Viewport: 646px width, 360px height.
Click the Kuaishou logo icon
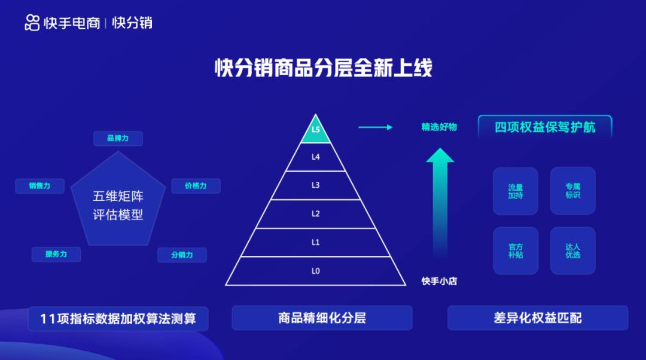[x=32, y=23]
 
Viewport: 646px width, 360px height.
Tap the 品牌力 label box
[x=118, y=138]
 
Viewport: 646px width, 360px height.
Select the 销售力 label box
[x=39, y=186]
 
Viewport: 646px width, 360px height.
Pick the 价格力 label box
[x=196, y=186]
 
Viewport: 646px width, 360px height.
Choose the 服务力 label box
[x=56, y=254]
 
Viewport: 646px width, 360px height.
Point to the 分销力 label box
[x=182, y=255]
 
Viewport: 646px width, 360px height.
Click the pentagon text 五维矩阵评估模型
[x=118, y=205]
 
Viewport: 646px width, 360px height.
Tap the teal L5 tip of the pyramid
[x=316, y=131]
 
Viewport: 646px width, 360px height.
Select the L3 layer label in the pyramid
[x=316, y=185]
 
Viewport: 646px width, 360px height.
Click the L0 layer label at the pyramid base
[x=316, y=271]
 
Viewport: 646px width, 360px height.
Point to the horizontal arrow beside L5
[x=375, y=127]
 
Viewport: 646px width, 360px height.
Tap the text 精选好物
[x=439, y=127]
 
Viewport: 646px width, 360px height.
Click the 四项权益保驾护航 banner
[x=545, y=127]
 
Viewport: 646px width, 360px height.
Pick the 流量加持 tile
[x=516, y=191]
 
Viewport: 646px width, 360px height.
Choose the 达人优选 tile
[x=572, y=251]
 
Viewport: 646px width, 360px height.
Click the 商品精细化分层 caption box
[x=322, y=318]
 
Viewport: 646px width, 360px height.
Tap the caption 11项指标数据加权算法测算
[x=118, y=318]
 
